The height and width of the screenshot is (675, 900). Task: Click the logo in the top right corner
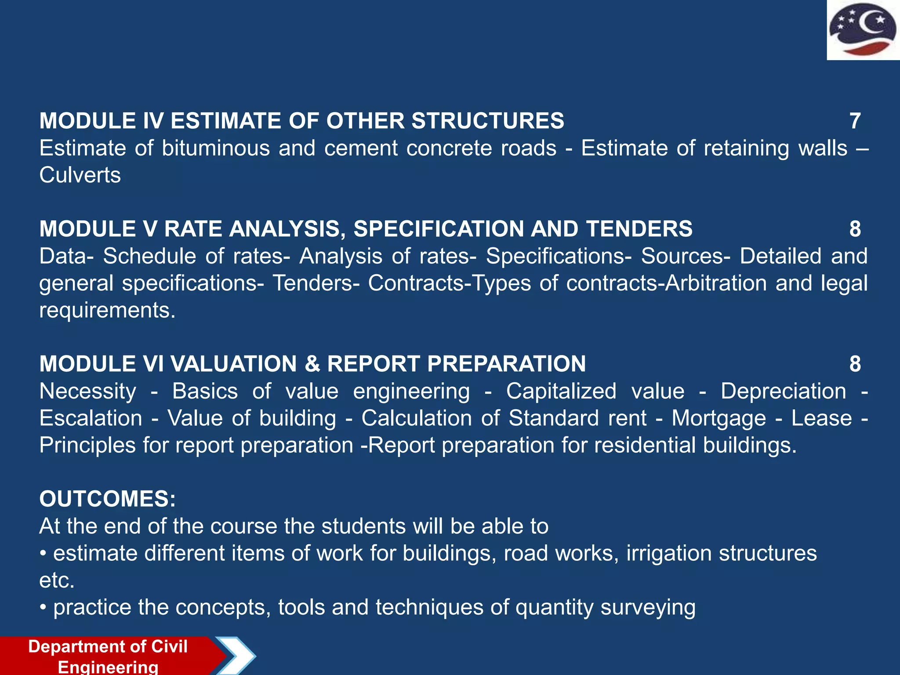pyautogui.click(x=863, y=30)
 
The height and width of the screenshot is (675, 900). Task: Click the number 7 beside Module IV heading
pyautogui.click(x=855, y=121)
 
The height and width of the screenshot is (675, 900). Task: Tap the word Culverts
pyautogui.click(x=80, y=175)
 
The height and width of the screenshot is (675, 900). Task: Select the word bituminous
pyautogui.click(x=216, y=148)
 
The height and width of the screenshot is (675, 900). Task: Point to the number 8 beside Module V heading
pyautogui.click(x=855, y=229)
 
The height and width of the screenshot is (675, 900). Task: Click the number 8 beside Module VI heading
pyautogui.click(x=855, y=364)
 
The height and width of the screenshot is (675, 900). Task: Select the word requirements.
pyautogui.click(x=107, y=310)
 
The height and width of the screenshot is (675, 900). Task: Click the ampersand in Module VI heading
pyautogui.click(x=312, y=364)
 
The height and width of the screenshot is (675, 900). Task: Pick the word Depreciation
pyautogui.click(x=783, y=391)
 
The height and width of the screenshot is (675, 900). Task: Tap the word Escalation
pyautogui.click(x=91, y=418)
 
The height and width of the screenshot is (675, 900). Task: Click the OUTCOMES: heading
pyautogui.click(x=108, y=499)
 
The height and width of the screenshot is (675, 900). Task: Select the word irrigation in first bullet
pyautogui.click(x=668, y=553)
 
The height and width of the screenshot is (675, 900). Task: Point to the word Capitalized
pyautogui.click(x=561, y=391)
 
